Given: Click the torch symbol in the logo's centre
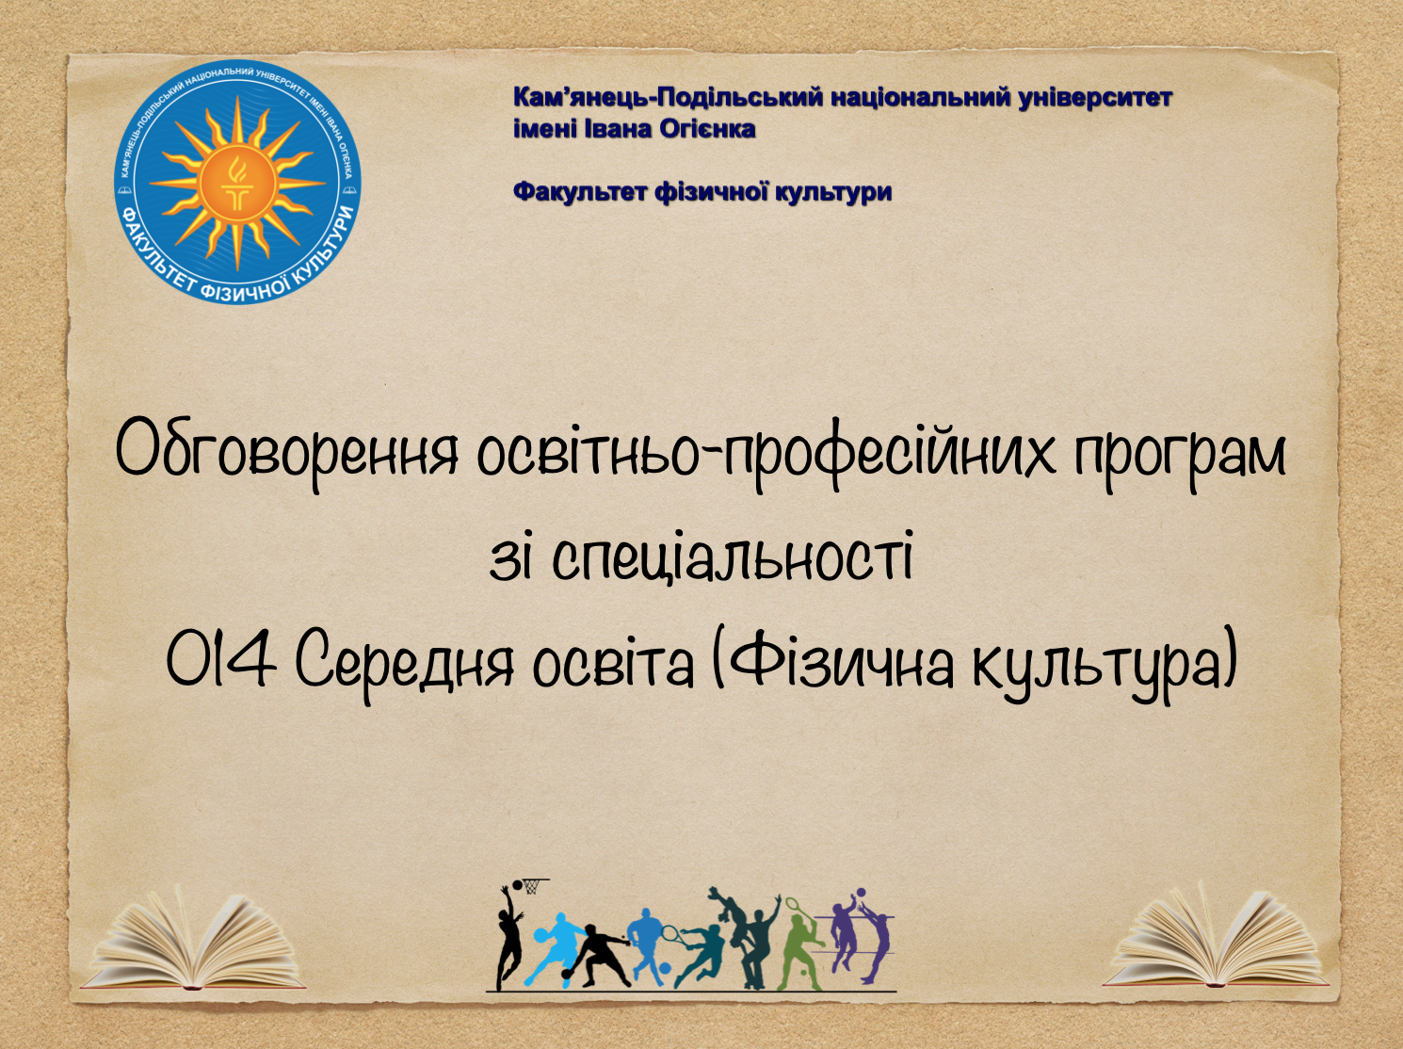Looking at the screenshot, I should tap(236, 182).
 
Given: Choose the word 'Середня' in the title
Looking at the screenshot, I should tap(406, 662).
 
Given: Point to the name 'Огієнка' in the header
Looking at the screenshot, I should tap(707, 128).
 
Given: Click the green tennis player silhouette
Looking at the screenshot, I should tap(801, 946).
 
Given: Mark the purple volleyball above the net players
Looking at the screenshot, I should tap(859, 894).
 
